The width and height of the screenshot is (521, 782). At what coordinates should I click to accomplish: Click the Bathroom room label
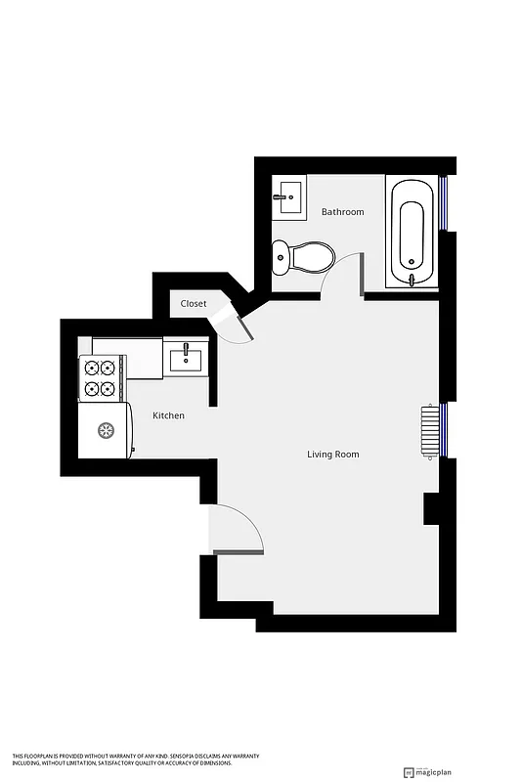pos(342,212)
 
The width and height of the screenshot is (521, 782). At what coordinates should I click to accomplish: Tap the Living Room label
pos(333,454)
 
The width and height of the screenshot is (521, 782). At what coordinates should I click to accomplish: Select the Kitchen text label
pos(168,415)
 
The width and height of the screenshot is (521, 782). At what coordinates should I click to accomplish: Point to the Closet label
pos(194,303)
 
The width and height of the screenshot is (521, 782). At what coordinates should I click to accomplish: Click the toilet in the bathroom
pos(305,257)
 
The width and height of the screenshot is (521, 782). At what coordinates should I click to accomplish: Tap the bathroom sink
pos(288,195)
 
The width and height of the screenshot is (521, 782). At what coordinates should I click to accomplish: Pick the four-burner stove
pos(101,378)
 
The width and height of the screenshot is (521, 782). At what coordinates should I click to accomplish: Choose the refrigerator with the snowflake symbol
pos(105,430)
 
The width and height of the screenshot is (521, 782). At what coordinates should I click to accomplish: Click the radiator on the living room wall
pos(429,431)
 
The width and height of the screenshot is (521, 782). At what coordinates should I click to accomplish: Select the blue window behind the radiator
pos(443,430)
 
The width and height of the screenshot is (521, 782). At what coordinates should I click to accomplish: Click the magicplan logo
pos(432,769)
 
